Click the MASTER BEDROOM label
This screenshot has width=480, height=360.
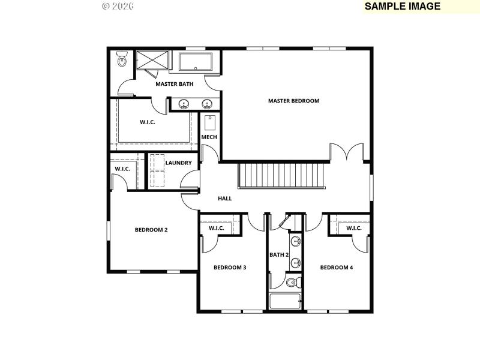pos(293,101)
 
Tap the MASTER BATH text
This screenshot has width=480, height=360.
pos(174,84)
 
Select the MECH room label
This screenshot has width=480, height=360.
pos(209,137)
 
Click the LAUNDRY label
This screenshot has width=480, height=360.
pos(178,163)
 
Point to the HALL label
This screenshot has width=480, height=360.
pos(224,199)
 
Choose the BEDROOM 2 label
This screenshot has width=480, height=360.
pos(151,230)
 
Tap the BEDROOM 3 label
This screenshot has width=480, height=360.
pos(230,268)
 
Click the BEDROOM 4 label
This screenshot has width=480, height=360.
pos(336,268)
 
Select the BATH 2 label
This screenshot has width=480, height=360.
pos(279,255)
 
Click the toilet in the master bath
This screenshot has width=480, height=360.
pos(122,59)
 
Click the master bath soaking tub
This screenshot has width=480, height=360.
pos(195,62)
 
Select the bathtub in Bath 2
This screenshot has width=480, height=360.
pos(285,301)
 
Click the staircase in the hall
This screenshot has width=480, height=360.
pos(281,175)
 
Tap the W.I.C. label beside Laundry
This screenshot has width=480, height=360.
pos(122,169)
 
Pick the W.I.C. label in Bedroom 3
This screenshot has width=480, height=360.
pos(216,228)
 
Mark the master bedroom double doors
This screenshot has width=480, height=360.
pos(346,153)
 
